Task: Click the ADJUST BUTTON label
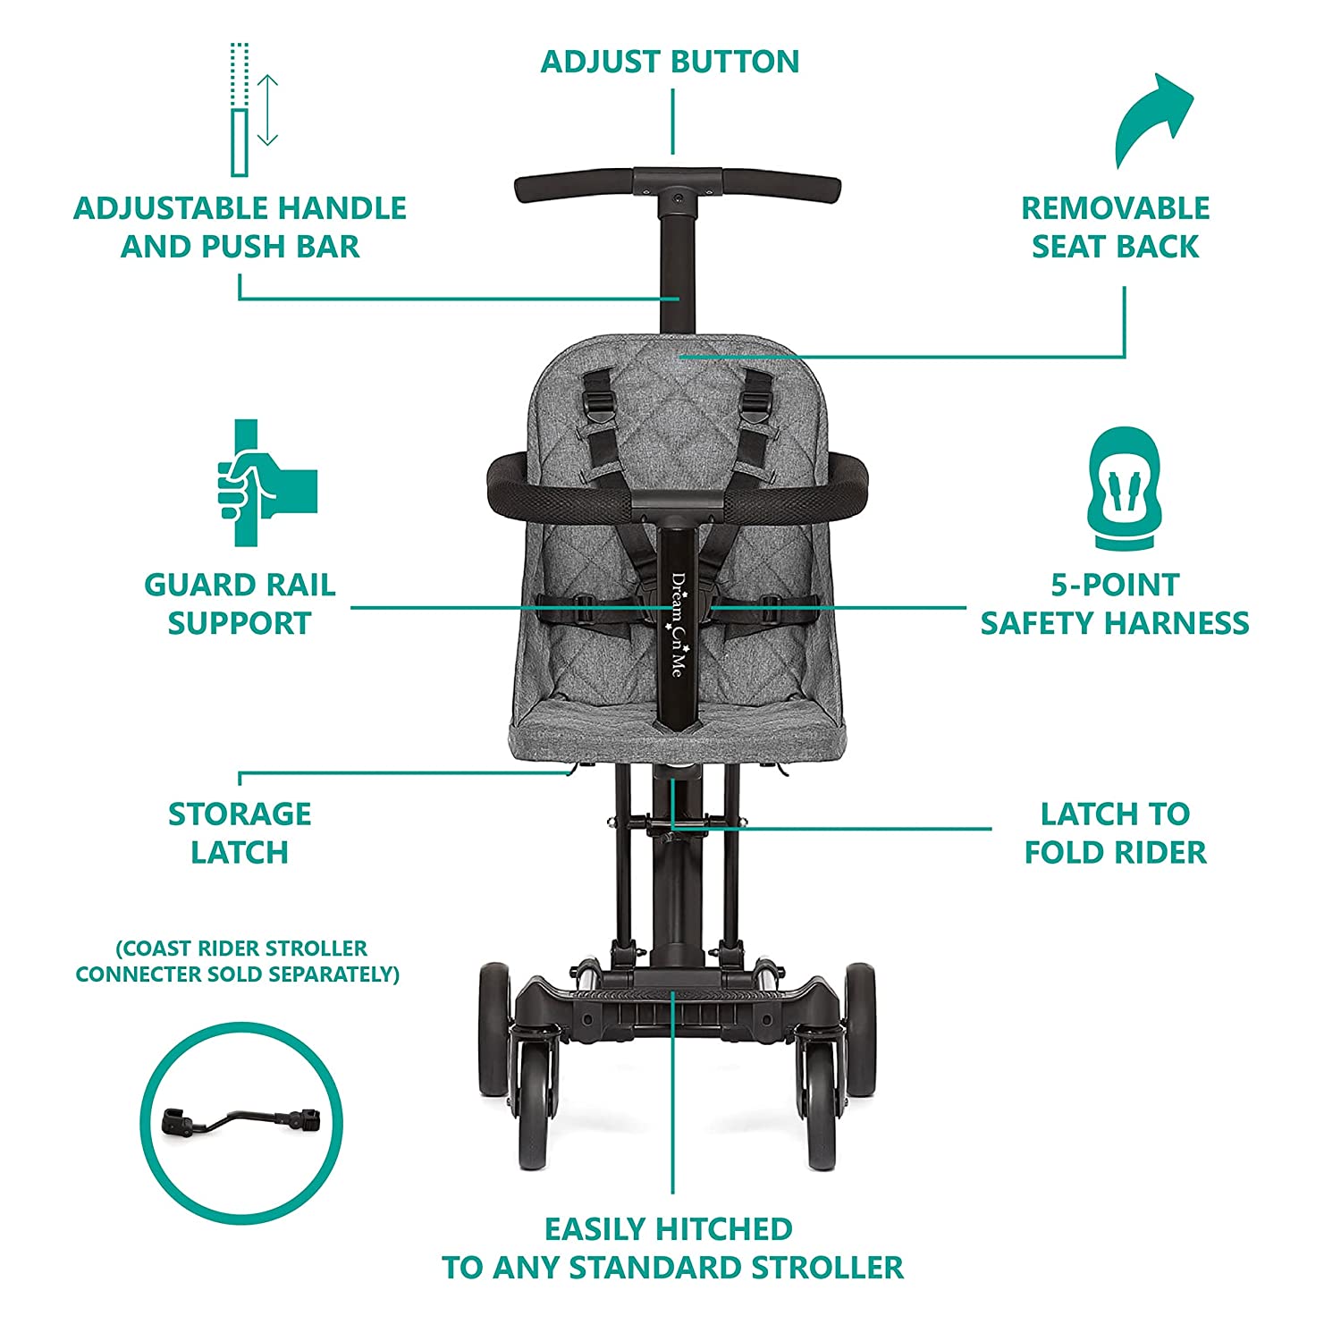click(x=670, y=62)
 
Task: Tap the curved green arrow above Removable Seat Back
click(x=1154, y=121)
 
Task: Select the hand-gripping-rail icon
click(x=267, y=483)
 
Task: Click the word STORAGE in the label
click(x=240, y=814)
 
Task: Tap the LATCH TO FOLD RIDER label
click(x=1115, y=833)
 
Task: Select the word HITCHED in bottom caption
click(x=723, y=1229)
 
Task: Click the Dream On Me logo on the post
click(x=677, y=624)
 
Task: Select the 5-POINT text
click(x=1115, y=585)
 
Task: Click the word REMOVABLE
click(x=1115, y=208)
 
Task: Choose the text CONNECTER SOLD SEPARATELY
click(x=237, y=974)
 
